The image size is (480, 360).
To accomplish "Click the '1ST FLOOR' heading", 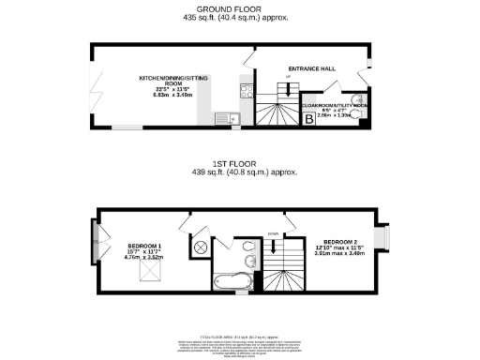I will point(239,164).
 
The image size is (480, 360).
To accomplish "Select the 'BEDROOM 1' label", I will point(145,246).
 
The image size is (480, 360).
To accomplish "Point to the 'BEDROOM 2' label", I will point(337,239).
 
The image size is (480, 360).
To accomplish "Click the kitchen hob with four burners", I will point(245,92).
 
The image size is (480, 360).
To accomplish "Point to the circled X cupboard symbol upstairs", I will point(200,247).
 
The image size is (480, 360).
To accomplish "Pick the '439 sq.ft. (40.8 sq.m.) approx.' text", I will point(239,172).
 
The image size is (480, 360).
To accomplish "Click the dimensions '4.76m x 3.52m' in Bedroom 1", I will point(145,257).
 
